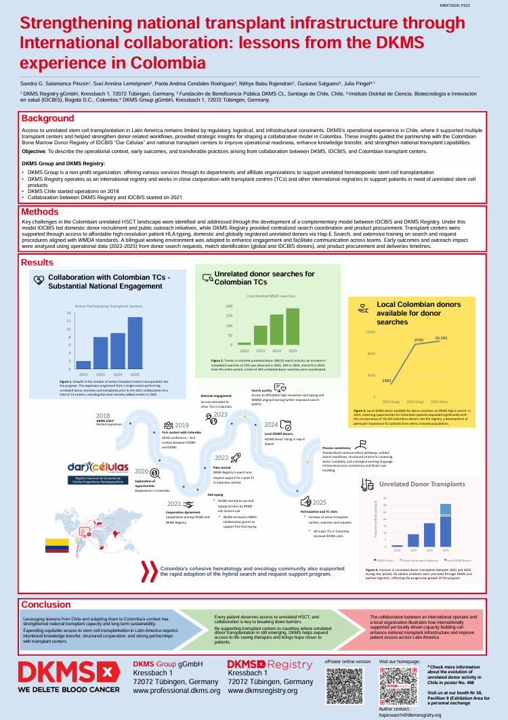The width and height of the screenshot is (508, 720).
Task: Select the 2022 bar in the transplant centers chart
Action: (x=83, y=364)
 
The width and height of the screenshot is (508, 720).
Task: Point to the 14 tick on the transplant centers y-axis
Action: (x=68, y=313)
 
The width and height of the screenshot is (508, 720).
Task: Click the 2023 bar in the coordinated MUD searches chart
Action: (x=261, y=335)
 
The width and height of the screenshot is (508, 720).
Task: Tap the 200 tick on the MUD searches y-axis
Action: (x=230, y=306)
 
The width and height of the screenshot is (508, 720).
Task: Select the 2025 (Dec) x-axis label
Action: (x=441, y=402)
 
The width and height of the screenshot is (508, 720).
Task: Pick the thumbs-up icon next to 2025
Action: (x=305, y=501)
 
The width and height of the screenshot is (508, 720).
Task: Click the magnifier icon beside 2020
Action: (x=154, y=473)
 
